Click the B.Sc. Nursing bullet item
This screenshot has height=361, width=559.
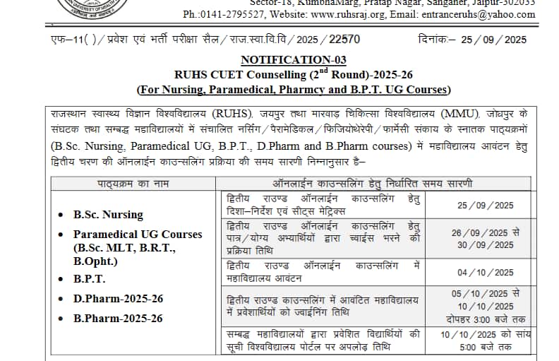tap(108, 214)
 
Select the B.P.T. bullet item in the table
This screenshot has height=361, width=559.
tap(90, 279)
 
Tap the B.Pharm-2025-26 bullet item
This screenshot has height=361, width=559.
tap(118, 319)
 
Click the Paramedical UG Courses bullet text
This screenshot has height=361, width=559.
tap(138, 235)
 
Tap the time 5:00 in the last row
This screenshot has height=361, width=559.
tap(474, 347)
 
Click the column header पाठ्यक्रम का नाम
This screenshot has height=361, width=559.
tap(133, 184)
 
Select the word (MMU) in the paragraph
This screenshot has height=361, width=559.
tap(460, 114)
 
